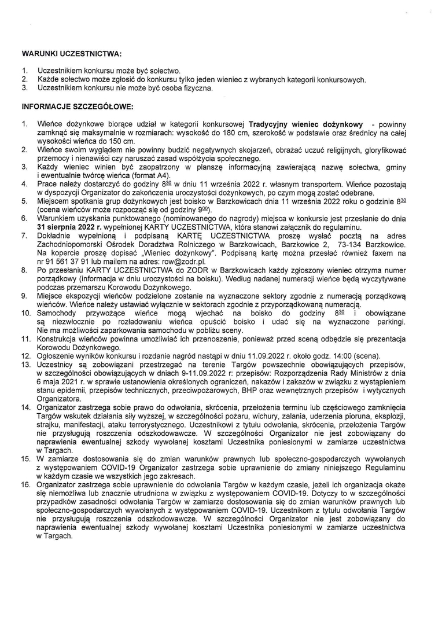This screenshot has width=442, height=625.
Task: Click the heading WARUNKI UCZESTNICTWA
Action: click(x=72, y=54)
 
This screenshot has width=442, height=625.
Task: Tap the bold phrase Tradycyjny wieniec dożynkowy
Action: click(x=305, y=124)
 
